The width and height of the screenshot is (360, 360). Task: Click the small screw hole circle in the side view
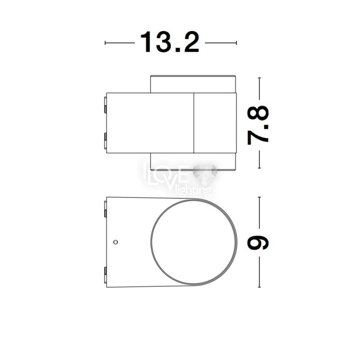[116, 242]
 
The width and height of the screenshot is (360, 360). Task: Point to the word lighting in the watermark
[195, 190]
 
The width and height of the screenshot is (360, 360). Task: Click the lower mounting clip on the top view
[105, 141]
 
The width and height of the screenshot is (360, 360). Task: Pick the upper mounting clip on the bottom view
[105, 209]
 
